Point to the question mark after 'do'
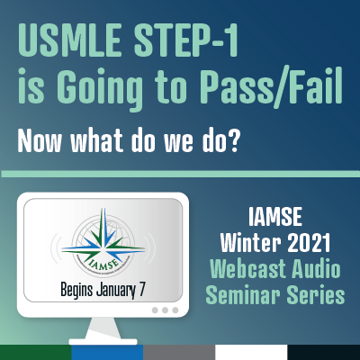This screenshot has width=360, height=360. [x=233, y=141]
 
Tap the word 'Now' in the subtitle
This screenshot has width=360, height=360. [x=40, y=141]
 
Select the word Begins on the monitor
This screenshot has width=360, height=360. [x=76, y=290]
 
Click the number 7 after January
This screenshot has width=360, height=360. [x=140, y=290]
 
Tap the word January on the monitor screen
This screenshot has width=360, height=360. [x=116, y=291]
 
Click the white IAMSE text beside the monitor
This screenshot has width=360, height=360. [x=275, y=217]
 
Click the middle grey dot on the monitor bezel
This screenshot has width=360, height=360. [x=165, y=310]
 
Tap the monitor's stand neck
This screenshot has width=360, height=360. [x=103, y=328]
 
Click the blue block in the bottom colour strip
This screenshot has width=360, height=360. [x=107, y=352]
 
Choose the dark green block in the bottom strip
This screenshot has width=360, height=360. [x=36, y=352]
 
